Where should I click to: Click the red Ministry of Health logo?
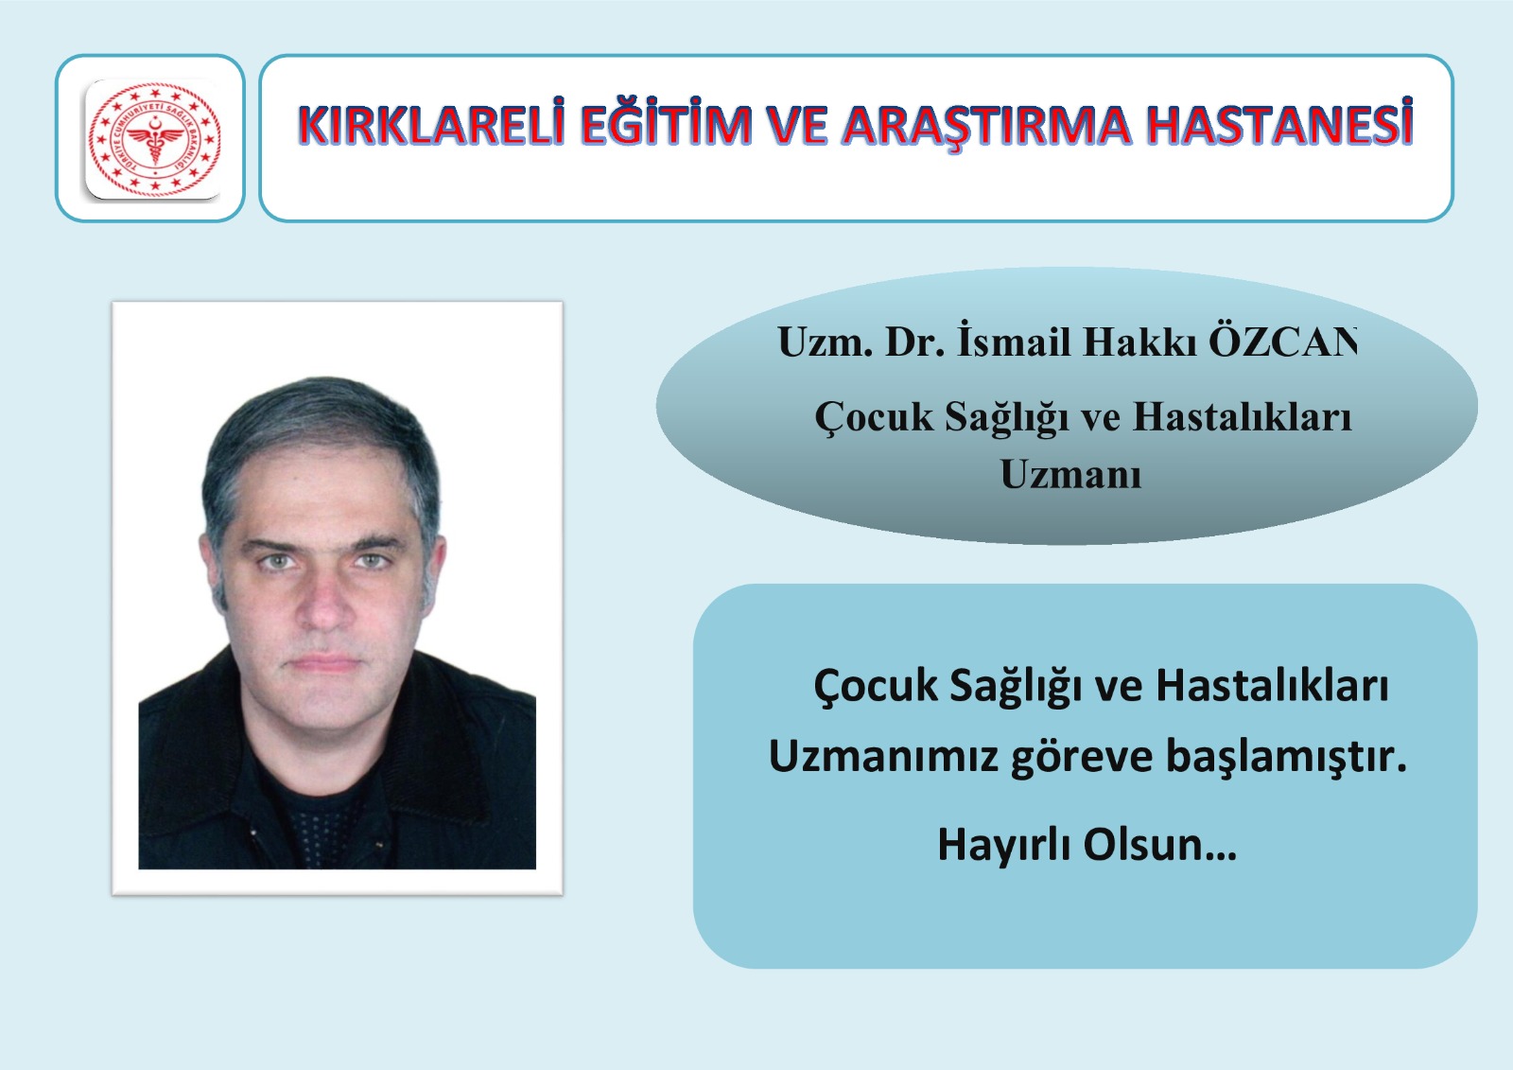tap(155, 138)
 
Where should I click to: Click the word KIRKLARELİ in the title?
tap(431, 124)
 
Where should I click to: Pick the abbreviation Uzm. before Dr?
tap(822, 342)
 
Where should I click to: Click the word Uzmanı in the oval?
tap(1070, 474)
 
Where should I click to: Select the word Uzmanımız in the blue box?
tap(883, 755)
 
